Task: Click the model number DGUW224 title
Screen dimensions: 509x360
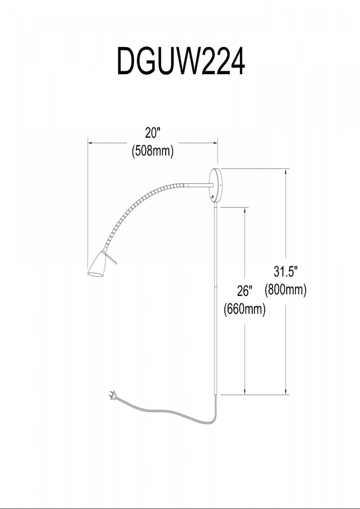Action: click(181, 61)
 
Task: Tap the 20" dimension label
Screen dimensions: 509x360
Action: click(152, 132)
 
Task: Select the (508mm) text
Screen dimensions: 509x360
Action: click(152, 151)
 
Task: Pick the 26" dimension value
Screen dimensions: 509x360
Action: click(245, 291)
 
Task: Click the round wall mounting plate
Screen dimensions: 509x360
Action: click(216, 186)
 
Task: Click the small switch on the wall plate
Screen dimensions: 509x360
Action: click(213, 196)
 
